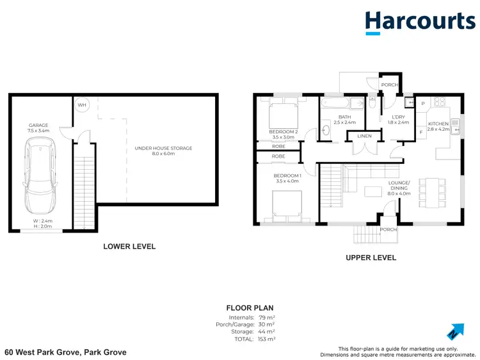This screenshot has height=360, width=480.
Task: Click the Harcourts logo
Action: pos(420,22)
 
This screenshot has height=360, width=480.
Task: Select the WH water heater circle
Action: pos(82,106)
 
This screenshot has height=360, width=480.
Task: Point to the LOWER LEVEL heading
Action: pos(129,246)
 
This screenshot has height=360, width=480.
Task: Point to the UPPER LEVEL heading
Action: pos(371,258)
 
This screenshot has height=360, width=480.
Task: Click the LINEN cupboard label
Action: pos(364,136)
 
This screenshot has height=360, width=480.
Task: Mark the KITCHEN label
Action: pos(438,124)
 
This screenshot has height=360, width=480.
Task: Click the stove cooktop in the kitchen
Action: pos(439,102)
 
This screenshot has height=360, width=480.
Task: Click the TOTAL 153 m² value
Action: pos(266,339)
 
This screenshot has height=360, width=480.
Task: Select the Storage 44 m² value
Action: pos(266,331)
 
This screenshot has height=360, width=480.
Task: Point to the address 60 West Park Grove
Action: pos(65,352)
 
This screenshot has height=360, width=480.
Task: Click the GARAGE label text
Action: pos(38,125)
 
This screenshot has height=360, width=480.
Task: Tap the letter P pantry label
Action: pos(422,104)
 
